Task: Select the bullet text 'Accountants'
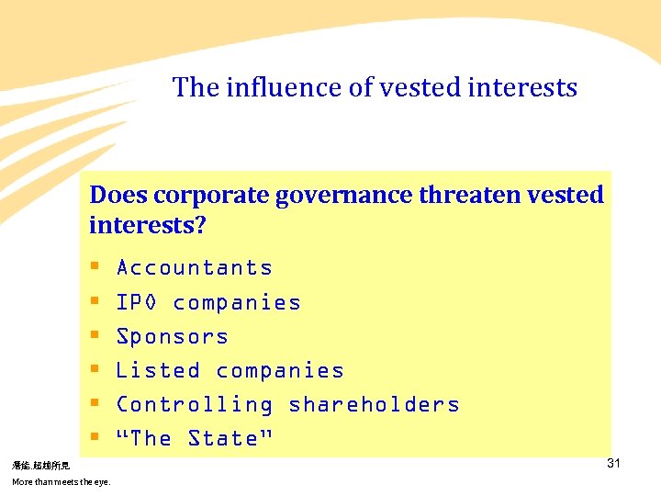[195, 268]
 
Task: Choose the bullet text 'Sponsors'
[173, 337]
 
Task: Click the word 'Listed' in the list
[158, 371]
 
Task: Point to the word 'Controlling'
[195, 405]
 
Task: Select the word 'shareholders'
[374, 405]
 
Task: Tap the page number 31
[613, 464]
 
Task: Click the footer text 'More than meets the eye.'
[61, 482]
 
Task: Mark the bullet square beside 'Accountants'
[95, 268]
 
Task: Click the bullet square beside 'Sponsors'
[95, 337]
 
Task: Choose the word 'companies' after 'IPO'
[237, 303]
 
